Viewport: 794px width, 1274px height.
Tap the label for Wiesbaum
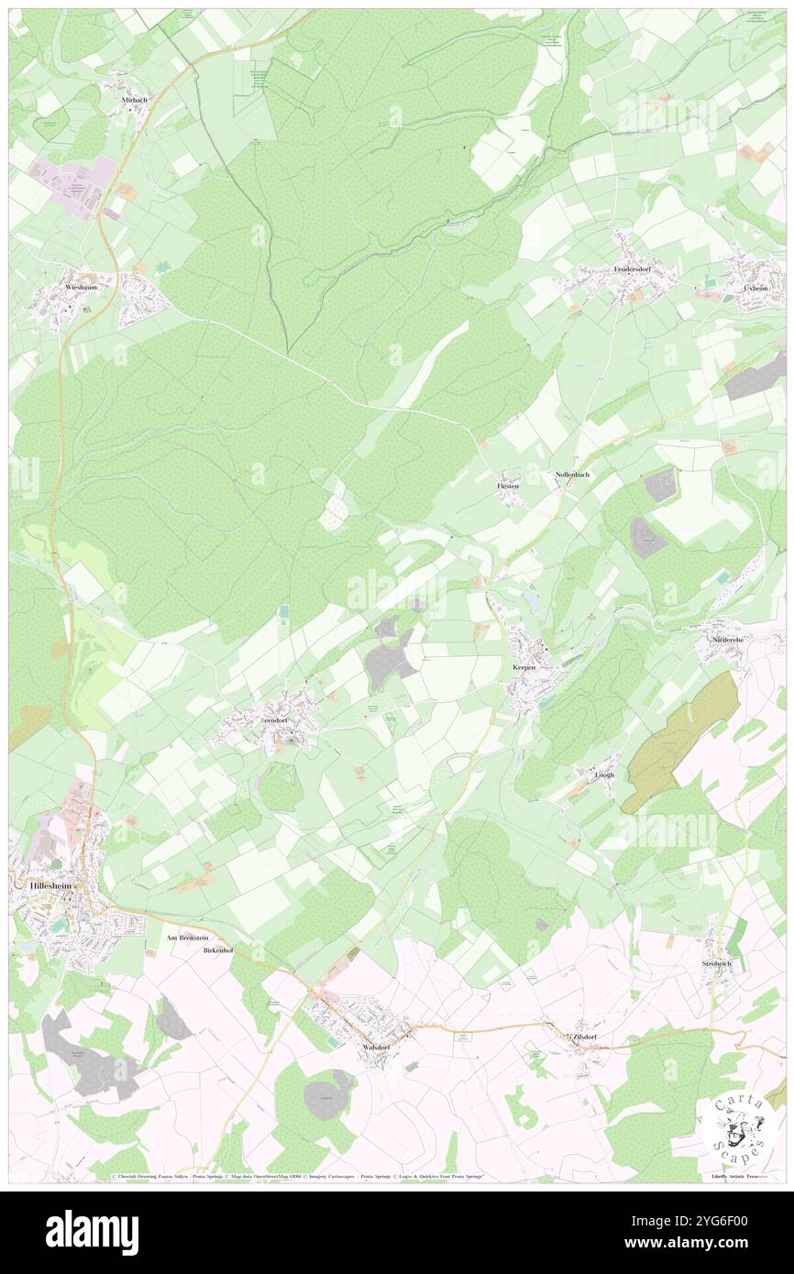click(x=81, y=287)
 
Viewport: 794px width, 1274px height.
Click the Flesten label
click(x=508, y=486)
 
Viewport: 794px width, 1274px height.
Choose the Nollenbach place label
click(x=573, y=475)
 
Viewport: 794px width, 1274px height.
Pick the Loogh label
click(x=604, y=774)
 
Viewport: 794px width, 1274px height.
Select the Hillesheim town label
click(x=44, y=886)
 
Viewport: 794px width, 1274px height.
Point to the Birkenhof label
click(x=218, y=950)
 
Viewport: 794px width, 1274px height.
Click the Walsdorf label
click(x=379, y=1046)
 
